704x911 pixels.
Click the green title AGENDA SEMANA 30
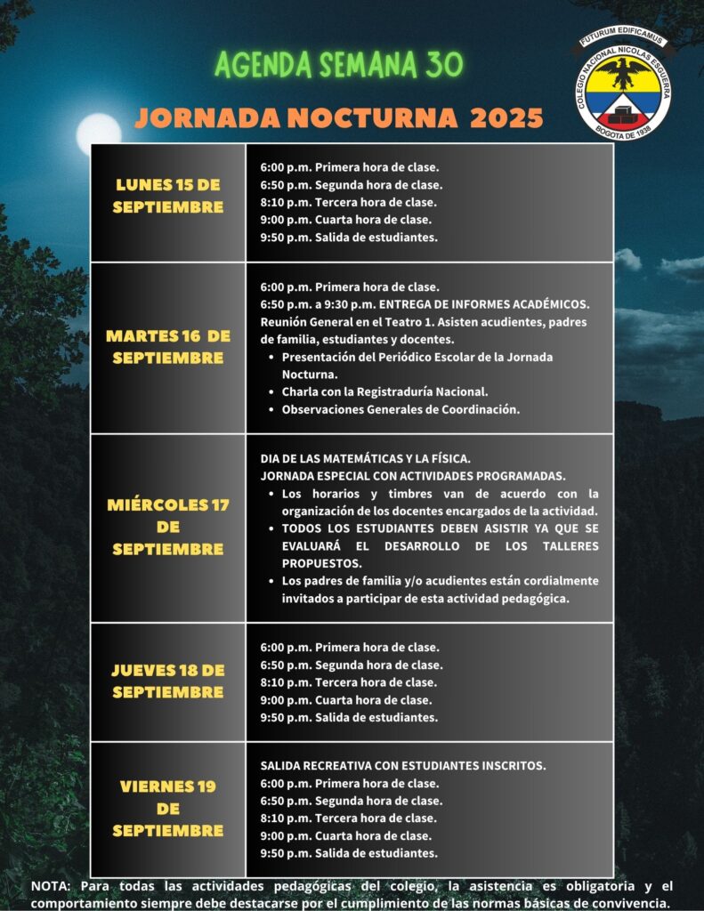click(x=340, y=64)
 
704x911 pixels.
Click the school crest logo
click(x=623, y=85)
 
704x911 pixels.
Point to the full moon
click(x=98, y=133)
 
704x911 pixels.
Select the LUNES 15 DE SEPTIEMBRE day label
click(x=168, y=196)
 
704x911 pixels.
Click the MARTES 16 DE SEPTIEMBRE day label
click(x=168, y=347)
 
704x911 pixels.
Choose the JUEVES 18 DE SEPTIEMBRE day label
click(x=168, y=681)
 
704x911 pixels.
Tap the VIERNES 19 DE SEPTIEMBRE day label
click(x=168, y=808)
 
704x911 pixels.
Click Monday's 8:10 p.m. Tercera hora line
click(x=348, y=202)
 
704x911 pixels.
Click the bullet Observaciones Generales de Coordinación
click(x=401, y=410)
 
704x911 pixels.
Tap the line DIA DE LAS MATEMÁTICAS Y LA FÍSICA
click(x=366, y=459)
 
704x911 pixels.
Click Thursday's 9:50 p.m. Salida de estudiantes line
click(x=349, y=717)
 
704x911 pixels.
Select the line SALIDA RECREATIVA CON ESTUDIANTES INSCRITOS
click(x=403, y=766)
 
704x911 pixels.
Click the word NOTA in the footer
click(x=52, y=886)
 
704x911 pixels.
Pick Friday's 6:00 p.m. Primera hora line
click(x=350, y=784)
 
